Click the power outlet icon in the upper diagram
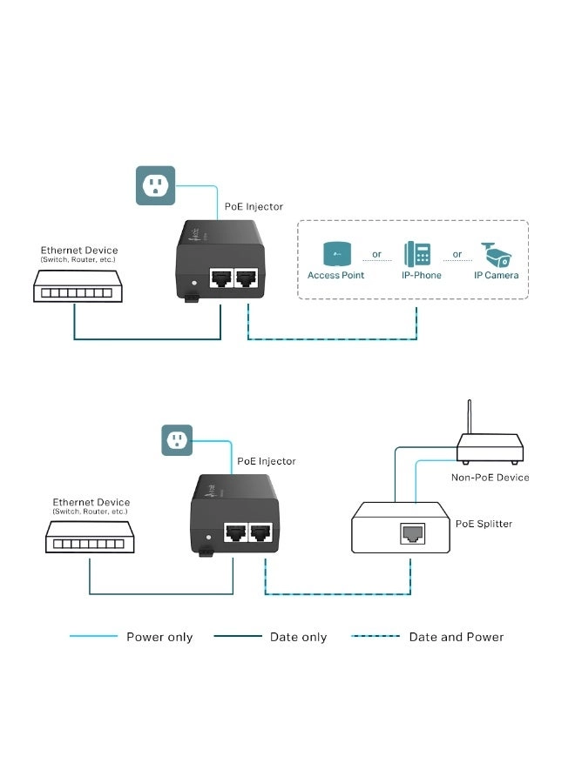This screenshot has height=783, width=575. [x=155, y=185]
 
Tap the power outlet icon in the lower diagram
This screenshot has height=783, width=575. [x=178, y=440]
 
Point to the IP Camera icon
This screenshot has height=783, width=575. [x=496, y=253]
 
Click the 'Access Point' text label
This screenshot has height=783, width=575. [x=335, y=276]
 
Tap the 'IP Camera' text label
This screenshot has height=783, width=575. [x=496, y=276]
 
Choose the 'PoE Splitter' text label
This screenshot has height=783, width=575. [x=484, y=524]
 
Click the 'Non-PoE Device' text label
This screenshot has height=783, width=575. [x=490, y=478]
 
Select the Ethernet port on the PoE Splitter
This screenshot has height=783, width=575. [x=411, y=534]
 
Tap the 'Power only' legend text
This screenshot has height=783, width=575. [x=159, y=637]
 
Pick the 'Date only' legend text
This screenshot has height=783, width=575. [x=298, y=637]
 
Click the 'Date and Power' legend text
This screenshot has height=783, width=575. [x=456, y=637]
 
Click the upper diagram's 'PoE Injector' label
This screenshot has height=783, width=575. [x=254, y=207]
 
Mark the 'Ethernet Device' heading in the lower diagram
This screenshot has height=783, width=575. [x=91, y=502]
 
